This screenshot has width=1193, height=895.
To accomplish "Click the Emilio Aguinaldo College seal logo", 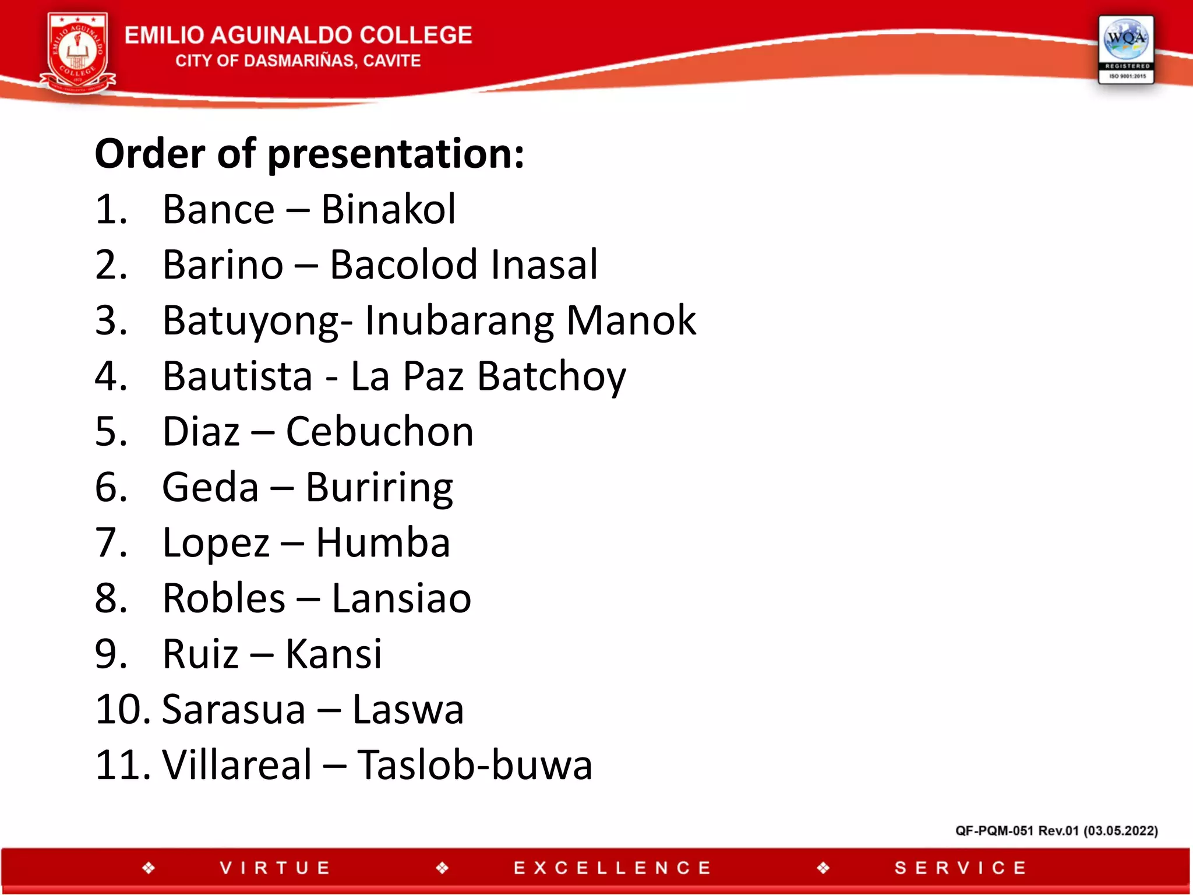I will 78,54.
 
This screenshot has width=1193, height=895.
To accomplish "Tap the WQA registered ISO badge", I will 1125,50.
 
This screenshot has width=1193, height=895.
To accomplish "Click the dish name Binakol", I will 388,209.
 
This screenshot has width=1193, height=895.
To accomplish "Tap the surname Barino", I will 223,265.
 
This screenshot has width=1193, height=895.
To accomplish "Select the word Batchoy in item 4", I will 551,376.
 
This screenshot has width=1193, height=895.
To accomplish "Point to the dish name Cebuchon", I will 379,432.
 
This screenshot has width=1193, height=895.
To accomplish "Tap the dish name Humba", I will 383,542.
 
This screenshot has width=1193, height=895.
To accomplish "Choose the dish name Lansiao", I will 401,598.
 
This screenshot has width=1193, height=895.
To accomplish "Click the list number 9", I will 110,654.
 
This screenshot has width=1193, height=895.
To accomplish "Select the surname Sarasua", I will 234,710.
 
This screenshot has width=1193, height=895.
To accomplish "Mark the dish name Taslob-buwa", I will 475,765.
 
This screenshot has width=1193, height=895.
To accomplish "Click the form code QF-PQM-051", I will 994,831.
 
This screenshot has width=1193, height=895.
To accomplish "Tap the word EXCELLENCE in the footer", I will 612,868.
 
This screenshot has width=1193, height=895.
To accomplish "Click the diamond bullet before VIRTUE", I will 149,868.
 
